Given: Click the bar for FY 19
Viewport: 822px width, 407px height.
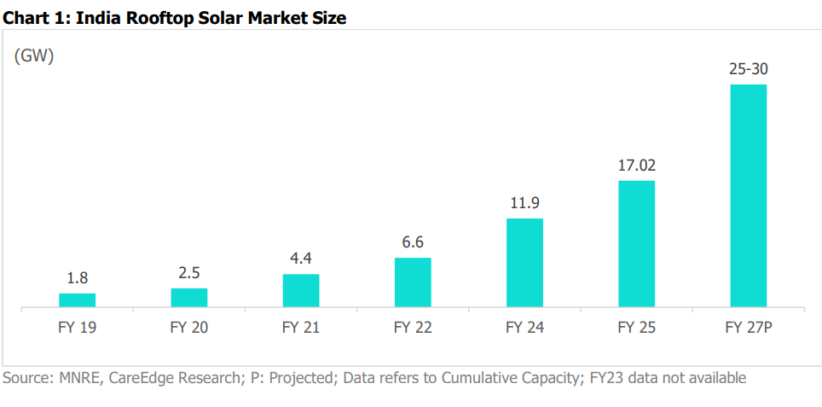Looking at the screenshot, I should pos(77,299).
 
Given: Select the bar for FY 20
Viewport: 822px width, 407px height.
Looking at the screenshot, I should pos(188,297).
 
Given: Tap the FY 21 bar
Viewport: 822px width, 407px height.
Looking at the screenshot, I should pos(301,290).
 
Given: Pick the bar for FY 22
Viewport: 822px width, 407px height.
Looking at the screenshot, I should pos(413,282).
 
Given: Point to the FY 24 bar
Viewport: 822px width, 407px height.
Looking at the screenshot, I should pos(524,262).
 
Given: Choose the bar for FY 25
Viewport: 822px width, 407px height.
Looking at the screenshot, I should pos(636,243).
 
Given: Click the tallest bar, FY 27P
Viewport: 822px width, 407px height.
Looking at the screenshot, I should pos(749,195).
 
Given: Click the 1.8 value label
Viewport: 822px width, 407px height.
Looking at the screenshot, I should pos(78,278).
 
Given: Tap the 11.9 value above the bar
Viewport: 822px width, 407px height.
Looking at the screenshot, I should pos(524,204).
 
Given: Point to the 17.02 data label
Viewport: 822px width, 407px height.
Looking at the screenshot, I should pos(637,166).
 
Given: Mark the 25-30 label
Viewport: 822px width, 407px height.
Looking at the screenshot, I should pos(749,69).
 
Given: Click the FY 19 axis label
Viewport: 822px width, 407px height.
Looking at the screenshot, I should pos(78,327).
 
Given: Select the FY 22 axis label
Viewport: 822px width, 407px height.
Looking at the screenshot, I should pos(413,327).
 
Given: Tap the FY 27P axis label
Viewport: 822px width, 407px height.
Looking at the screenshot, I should pos(749,327).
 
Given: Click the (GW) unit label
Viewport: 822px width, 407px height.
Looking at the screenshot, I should pos(34,56).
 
